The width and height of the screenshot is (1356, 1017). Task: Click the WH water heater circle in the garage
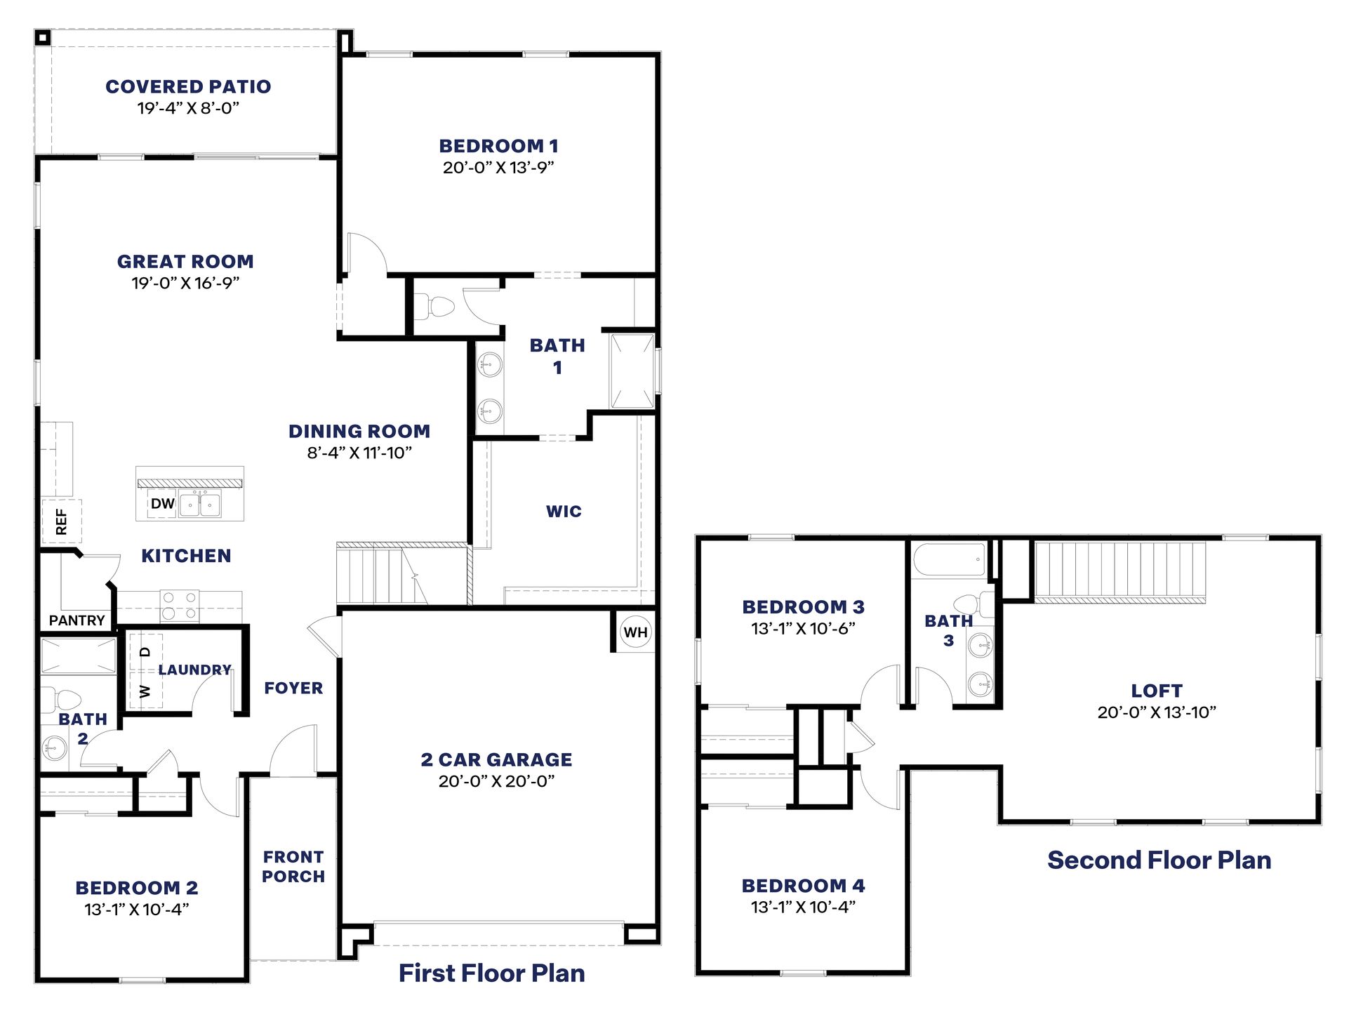click(x=635, y=632)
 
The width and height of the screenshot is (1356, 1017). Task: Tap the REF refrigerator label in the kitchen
click(x=62, y=521)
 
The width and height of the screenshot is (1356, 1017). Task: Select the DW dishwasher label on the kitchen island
click(x=163, y=503)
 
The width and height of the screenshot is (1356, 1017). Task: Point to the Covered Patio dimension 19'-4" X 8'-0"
click(x=188, y=108)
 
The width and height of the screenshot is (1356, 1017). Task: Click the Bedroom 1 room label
click(x=498, y=146)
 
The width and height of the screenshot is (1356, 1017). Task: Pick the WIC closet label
click(x=564, y=512)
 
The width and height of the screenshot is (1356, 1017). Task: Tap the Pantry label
click(x=77, y=620)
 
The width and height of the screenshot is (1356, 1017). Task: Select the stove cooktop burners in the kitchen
click(x=178, y=606)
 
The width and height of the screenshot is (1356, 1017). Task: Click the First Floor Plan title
click(x=491, y=973)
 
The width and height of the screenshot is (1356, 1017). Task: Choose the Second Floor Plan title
click(x=1159, y=860)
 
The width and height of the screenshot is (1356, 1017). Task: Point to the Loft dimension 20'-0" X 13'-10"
click(x=1157, y=712)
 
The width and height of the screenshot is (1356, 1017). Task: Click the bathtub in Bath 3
click(x=949, y=561)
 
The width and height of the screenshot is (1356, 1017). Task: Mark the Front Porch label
click(x=293, y=867)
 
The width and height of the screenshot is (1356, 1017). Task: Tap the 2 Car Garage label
click(x=496, y=759)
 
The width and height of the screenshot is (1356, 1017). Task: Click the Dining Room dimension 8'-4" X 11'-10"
click(x=359, y=453)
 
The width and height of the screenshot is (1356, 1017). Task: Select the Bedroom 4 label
click(x=803, y=886)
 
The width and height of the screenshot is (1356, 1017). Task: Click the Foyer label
click(x=293, y=688)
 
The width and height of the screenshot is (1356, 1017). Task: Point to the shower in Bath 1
click(x=632, y=372)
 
